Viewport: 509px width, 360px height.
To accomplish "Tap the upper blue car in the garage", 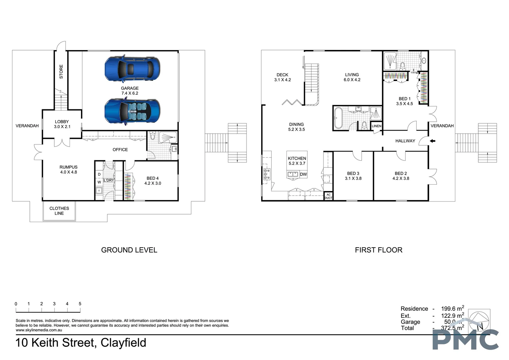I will [132, 69].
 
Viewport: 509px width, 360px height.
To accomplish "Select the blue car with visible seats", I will [132, 112].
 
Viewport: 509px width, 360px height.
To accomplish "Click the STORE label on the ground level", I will [61, 72].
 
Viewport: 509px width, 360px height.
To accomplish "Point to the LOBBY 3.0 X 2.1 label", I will [62, 124].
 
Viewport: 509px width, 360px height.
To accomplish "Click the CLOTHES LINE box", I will [59, 211].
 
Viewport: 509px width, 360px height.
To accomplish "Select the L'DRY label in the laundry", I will [109, 180].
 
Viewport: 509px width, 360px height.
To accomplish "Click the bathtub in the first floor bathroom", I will [338, 118].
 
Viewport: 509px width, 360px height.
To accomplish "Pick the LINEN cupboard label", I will [376, 126].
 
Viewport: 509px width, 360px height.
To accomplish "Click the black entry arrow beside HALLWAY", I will [432, 141].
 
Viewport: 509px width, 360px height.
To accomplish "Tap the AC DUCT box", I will [328, 196].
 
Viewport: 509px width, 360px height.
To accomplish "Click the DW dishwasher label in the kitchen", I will [303, 174].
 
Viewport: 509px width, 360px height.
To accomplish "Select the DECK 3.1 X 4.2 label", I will [282, 77].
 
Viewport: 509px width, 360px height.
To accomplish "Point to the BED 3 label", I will [353, 176].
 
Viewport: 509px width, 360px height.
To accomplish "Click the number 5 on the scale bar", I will [80, 304].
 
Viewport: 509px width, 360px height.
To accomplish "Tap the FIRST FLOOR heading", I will [378, 250].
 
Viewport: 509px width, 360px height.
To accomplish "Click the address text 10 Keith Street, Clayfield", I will [81, 343].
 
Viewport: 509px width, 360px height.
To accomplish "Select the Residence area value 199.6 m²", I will [452, 309].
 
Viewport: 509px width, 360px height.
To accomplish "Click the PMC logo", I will [465, 340].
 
